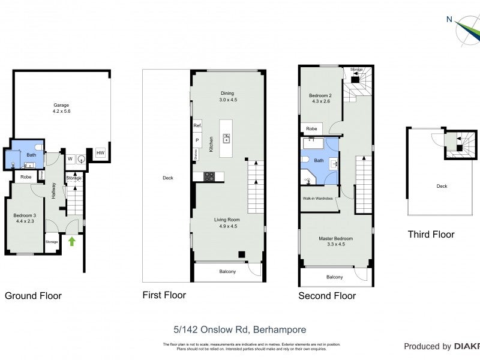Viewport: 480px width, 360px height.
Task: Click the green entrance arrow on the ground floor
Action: (x=72, y=242)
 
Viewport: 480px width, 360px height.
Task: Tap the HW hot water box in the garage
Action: (x=100, y=154)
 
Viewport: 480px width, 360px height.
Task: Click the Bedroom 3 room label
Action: (x=26, y=218)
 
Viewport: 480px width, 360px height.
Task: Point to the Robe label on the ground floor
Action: (x=25, y=177)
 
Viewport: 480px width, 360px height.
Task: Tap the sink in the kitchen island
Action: (x=227, y=139)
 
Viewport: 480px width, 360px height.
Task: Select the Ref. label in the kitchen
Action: (x=197, y=126)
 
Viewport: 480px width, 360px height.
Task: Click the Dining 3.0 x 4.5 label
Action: (x=227, y=97)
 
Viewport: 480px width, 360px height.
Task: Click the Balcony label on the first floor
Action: (x=227, y=272)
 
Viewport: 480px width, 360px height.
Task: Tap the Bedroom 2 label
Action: (x=320, y=98)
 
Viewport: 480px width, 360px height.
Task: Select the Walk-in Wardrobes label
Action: (x=318, y=198)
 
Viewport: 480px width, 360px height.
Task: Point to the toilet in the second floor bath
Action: (x=306, y=160)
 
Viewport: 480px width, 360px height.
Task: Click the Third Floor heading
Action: (x=431, y=235)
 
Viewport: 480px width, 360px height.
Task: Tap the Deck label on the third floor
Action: (x=442, y=186)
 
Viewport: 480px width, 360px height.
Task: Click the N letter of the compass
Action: (x=449, y=19)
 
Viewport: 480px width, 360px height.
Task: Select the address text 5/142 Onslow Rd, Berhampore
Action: (x=239, y=329)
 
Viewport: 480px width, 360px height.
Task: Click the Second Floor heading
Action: (x=327, y=296)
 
